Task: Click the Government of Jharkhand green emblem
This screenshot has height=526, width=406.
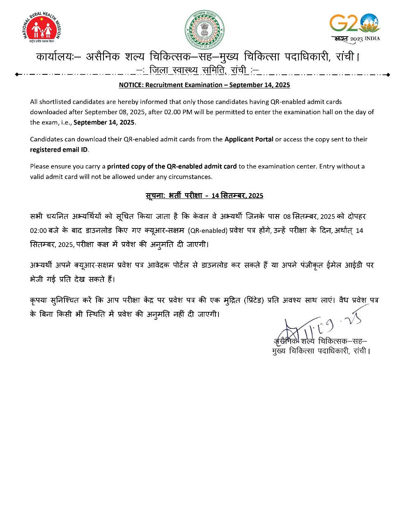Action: pyautogui.click(x=204, y=30)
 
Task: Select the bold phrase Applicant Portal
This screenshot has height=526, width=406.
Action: pyautogui.click(x=249, y=139)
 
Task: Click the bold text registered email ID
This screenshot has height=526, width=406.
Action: pyautogui.click(x=59, y=150)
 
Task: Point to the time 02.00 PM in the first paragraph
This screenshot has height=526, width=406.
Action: pyautogui.click(x=184, y=112)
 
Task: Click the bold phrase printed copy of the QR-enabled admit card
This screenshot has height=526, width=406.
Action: pyautogui.click(x=172, y=166)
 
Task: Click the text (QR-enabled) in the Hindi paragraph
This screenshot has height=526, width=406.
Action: pyautogui.click(x=208, y=231)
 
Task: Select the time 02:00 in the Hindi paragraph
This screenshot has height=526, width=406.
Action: pyautogui.click(x=38, y=231)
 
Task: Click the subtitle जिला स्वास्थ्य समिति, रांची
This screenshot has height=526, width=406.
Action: pyautogui.click(x=197, y=70)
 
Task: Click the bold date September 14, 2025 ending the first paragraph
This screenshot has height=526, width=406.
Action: pyautogui.click(x=104, y=122)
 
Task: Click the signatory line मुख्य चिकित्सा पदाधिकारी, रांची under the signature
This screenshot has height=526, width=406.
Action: pyautogui.click(x=321, y=351)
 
